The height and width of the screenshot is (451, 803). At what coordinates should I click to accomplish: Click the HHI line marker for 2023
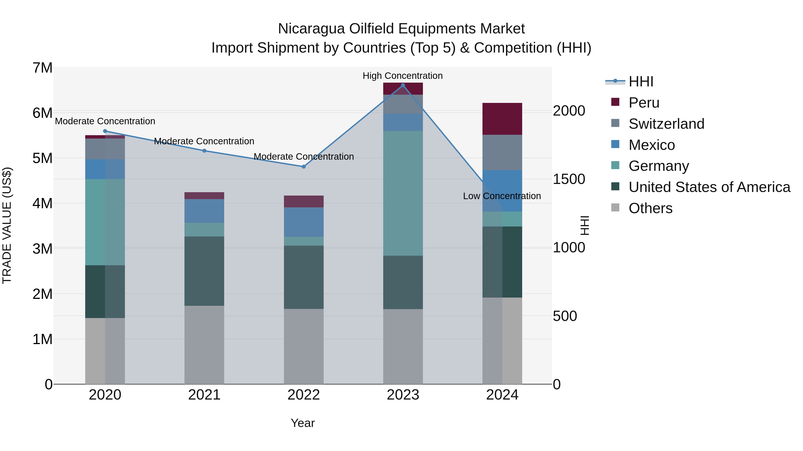click(403, 85)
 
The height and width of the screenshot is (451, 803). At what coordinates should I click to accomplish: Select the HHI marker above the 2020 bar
click(105, 131)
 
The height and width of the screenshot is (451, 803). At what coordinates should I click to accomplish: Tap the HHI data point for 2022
click(304, 167)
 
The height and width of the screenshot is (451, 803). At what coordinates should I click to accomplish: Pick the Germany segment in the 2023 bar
click(403, 193)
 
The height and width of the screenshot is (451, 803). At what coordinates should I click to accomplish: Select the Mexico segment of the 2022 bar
click(304, 222)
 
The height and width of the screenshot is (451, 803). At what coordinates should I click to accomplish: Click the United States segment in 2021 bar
click(204, 271)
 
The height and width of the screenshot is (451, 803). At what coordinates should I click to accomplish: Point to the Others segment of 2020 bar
click(105, 351)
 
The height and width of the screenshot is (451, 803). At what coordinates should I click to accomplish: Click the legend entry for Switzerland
click(666, 124)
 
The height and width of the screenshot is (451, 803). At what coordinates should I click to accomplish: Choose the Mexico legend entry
click(652, 145)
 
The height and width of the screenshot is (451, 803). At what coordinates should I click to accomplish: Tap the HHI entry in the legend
click(641, 82)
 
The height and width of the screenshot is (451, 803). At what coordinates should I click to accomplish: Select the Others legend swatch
click(615, 208)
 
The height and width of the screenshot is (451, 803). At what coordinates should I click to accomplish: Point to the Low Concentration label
click(502, 196)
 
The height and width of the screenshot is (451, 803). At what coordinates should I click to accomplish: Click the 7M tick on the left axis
click(42, 68)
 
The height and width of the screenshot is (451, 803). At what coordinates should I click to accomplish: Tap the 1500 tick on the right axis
click(569, 179)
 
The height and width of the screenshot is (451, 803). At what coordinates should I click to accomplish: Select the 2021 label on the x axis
click(204, 395)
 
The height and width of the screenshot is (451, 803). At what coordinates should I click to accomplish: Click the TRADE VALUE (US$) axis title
click(7, 225)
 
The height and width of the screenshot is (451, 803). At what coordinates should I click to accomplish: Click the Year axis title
click(303, 423)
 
